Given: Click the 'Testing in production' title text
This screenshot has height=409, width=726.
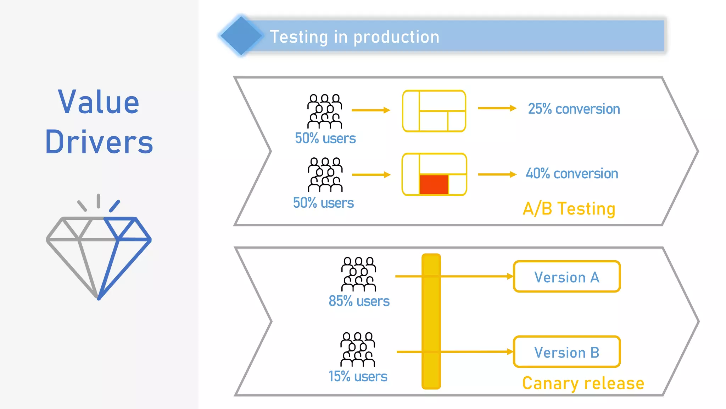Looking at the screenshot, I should [x=354, y=37].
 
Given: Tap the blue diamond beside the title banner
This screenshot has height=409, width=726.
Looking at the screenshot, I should [x=241, y=36].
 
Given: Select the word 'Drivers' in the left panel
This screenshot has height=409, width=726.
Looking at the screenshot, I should [x=99, y=142].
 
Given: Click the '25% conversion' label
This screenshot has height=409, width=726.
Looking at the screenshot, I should [x=574, y=109].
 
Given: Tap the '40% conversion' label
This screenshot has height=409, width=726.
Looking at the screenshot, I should [x=572, y=174].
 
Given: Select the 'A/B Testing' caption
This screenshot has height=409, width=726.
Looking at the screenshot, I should [x=569, y=209].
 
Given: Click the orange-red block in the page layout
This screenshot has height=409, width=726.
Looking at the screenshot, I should [x=434, y=184].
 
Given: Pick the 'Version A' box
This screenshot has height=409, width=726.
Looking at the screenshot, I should [x=566, y=277].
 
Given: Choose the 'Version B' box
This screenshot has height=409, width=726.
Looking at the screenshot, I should [x=566, y=352].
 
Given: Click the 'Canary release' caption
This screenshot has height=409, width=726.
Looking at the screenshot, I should [x=583, y=383].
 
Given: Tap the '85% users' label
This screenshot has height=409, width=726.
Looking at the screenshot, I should [x=359, y=301].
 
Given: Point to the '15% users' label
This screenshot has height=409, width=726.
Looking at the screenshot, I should [x=358, y=376].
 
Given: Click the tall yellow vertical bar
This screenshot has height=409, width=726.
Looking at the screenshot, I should [x=431, y=321].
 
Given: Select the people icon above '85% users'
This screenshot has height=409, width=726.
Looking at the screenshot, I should [x=358, y=274].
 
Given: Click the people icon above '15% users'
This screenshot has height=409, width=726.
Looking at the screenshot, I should [x=358, y=349].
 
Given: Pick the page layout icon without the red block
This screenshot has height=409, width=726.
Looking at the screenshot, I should [x=434, y=111].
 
